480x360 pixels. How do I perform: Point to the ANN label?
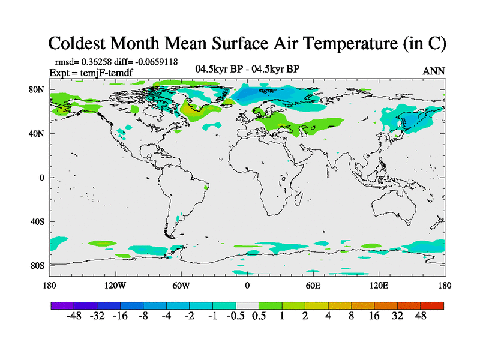pyautogui.click(x=434, y=71)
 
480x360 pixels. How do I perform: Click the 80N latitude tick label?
pyautogui.click(x=38, y=89)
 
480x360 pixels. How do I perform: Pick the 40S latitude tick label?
pyautogui.click(x=38, y=221)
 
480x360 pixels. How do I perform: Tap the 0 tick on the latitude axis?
pyautogui.click(x=42, y=178)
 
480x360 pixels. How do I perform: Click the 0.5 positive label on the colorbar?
pyautogui.click(x=259, y=316)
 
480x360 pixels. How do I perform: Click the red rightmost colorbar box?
pyautogui.click(x=432, y=305)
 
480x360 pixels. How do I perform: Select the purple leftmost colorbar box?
pyautogui.click(x=62, y=305)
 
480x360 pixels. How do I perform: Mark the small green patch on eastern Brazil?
pyautogui.click(x=207, y=188)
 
